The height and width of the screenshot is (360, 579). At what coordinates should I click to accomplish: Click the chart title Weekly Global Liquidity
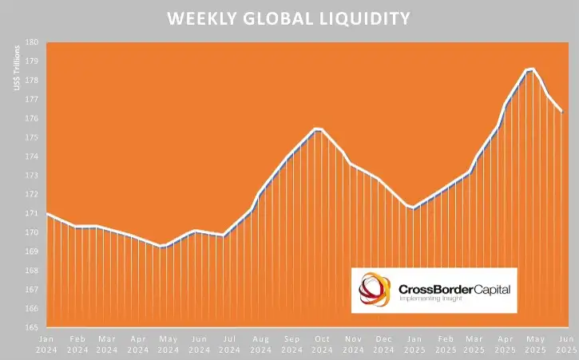pos(289,18)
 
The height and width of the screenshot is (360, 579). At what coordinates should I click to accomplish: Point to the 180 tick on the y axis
pos(33,42)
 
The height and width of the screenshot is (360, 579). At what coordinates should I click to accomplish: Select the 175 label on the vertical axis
pos(33,137)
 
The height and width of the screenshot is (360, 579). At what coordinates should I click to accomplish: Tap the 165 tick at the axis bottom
pos(33,327)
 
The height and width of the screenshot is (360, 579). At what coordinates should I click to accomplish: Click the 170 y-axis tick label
pos(33,232)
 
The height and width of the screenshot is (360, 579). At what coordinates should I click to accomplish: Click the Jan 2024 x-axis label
pos(47,344)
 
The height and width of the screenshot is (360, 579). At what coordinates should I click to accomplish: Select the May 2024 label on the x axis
pos(169,344)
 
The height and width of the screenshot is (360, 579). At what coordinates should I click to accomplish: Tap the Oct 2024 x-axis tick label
pos(321,344)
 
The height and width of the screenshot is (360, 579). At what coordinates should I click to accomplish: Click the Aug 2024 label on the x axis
pos(260,344)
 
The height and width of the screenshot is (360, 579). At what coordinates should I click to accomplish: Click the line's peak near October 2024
pos(318,129)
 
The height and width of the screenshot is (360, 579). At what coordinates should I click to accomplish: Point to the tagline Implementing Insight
pos(432,299)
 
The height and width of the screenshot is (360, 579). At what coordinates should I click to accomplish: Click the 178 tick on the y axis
pos(33,81)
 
